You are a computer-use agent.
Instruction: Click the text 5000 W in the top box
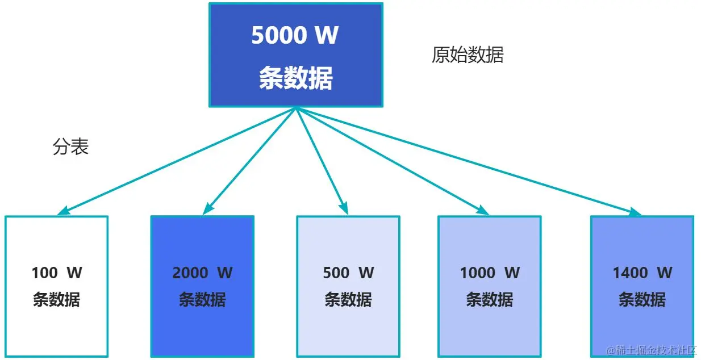point(295,36)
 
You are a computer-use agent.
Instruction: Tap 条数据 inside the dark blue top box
point(295,78)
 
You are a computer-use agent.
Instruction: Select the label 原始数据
point(467,55)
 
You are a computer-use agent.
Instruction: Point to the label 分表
point(71,148)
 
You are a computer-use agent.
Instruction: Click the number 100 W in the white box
point(57,273)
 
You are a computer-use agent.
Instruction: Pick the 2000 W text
point(202,273)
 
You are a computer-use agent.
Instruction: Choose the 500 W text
point(348,273)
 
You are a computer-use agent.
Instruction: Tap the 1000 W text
point(490,273)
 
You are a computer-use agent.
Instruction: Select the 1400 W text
point(642,273)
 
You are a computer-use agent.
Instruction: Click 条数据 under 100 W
point(57,299)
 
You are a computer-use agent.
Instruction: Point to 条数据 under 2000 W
point(202,299)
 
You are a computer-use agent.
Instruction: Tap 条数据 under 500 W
point(348,299)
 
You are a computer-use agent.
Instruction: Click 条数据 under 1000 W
point(490,299)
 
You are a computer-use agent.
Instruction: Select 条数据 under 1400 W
point(642,299)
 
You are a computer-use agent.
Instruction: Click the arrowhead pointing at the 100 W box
point(64,211)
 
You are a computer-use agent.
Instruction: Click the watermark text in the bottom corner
point(652,350)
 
